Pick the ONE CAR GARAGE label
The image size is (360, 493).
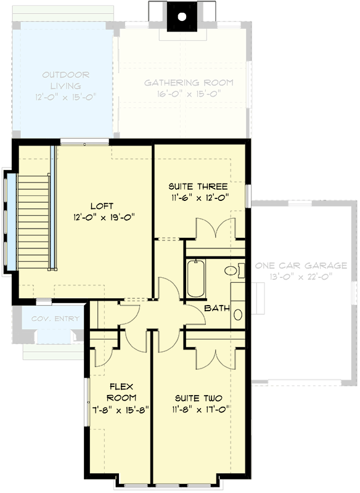point(301,266)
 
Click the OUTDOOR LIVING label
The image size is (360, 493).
point(65,75)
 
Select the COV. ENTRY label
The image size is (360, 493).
point(55,319)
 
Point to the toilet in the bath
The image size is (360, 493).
point(232,270)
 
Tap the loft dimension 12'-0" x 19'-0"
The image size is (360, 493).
point(103,216)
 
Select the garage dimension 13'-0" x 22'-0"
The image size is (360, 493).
point(301,277)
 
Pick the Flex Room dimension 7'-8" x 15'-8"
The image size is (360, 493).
point(122,409)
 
